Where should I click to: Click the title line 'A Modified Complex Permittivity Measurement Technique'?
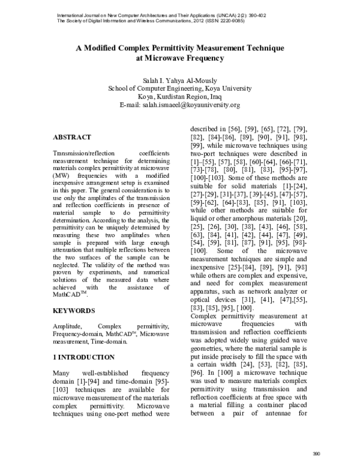point(180,47)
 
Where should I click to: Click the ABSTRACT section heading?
point(72,138)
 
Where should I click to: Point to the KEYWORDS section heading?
point(74,310)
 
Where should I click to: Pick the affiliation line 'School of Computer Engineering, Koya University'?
point(180,88)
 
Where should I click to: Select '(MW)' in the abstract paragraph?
point(61,175)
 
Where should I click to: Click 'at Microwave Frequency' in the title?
point(180,58)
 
